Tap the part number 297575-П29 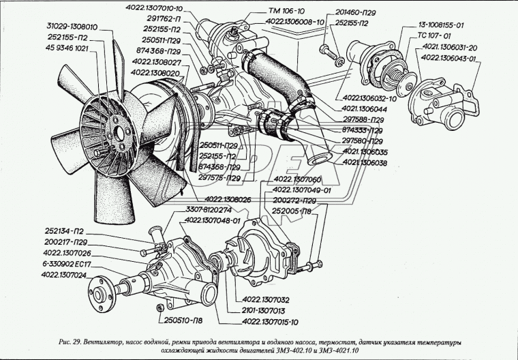click(219, 178)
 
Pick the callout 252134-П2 click(63, 232)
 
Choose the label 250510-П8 click(183, 319)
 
